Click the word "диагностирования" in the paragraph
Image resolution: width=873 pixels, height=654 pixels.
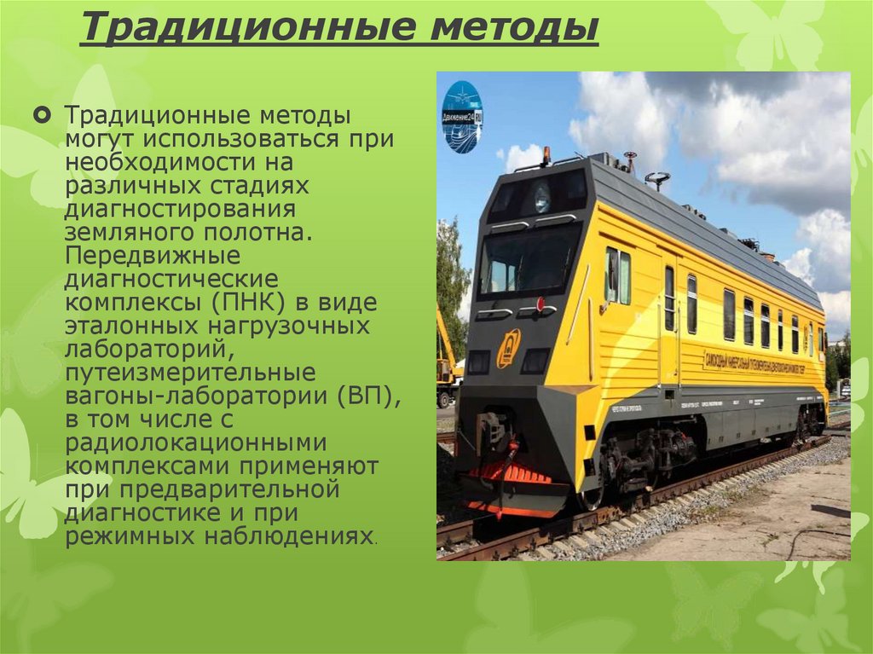[180, 210]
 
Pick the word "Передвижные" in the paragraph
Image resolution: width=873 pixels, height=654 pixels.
[153, 257]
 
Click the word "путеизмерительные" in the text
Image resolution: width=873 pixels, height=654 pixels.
[190, 373]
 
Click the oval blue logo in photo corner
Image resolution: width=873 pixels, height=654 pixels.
[462, 117]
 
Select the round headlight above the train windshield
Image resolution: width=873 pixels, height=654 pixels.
[542, 198]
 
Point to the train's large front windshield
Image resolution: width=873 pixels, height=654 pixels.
[528, 259]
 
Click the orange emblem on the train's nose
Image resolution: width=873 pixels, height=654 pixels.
[508, 347]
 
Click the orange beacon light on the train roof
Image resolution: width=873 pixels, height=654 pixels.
[546, 155]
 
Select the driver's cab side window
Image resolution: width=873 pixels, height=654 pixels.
[617, 275]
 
